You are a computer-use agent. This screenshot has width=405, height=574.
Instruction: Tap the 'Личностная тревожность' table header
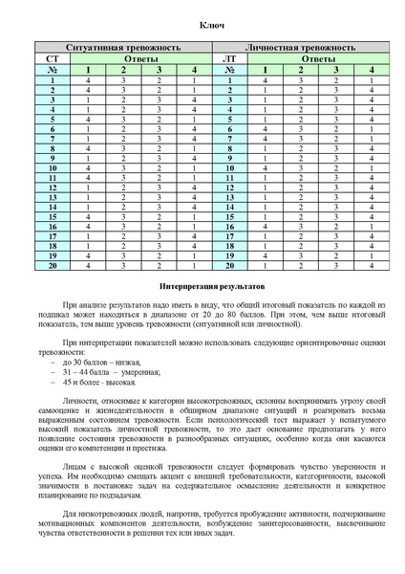(300, 47)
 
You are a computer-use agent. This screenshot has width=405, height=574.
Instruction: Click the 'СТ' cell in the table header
(52, 58)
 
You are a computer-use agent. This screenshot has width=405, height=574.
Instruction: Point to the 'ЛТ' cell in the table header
(230, 58)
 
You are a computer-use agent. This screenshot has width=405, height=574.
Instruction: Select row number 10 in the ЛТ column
(230, 168)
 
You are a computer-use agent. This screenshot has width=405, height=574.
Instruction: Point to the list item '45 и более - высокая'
(98, 382)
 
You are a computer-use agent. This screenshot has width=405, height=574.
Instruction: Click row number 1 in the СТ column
(52, 81)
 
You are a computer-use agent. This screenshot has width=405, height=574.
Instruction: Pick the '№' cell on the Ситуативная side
(52, 70)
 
